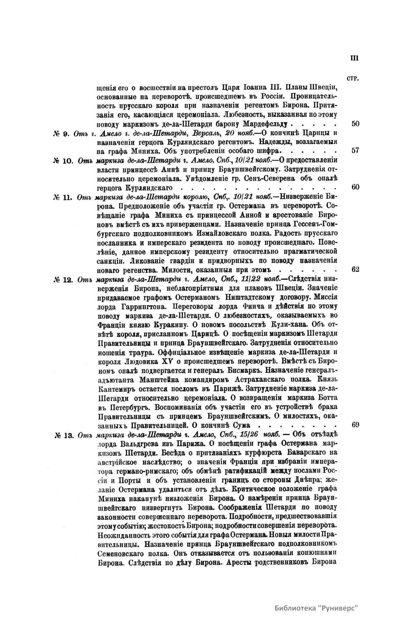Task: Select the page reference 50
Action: coord(355,124)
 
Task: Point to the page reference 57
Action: coord(355,150)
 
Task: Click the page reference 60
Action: coord(355,187)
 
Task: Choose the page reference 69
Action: coord(355,425)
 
